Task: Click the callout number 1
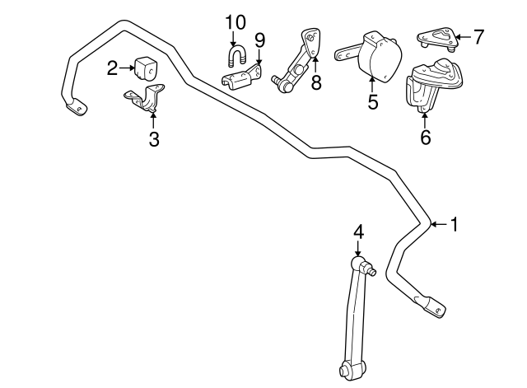pyautogui.click(x=454, y=224)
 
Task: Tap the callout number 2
pyautogui.click(x=112, y=68)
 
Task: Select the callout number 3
pyautogui.click(x=154, y=139)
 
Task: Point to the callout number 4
pyautogui.click(x=358, y=232)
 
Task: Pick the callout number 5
pyautogui.click(x=373, y=101)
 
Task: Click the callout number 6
pyautogui.click(x=426, y=137)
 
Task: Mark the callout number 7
pyautogui.click(x=478, y=36)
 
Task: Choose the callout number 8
pyautogui.click(x=316, y=82)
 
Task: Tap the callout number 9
pyautogui.click(x=259, y=40)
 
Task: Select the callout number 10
pyautogui.click(x=236, y=23)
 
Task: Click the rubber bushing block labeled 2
pyautogui.click(x=147, y=69)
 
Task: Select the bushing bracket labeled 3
pyautogui.click(x=145, y=97)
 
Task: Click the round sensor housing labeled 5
pyautogui.click(x=380, y=57)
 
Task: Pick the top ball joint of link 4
pyautogui.click(x=358, y=262)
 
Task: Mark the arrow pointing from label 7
pyautogui.click(x=464, y=36)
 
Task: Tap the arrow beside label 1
pyautogui.click(x=439, y=224)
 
